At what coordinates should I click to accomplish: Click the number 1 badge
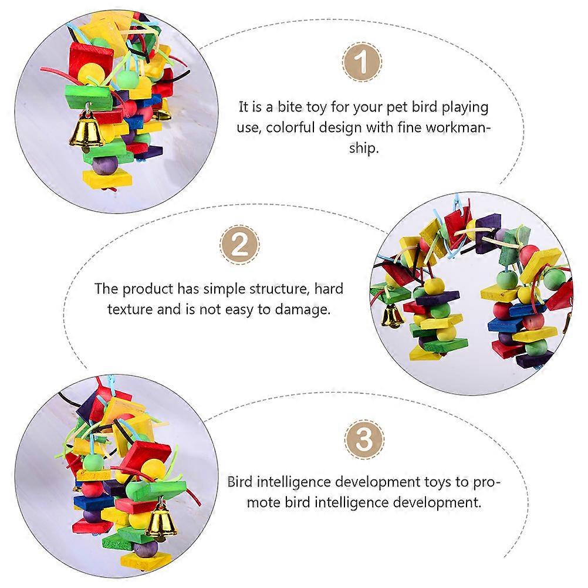click(x=362, y=62)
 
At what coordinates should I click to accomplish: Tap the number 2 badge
click(x=239, y=245)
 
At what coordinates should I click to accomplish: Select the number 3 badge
click(x=364, y=439)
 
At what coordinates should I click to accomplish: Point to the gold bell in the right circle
click(x=392, y=316)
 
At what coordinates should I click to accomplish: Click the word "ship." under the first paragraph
click(x=364, y=148)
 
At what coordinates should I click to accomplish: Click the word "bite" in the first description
click(x=289, y=107)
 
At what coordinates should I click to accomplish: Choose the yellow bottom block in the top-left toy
click(x=107, y=178)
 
